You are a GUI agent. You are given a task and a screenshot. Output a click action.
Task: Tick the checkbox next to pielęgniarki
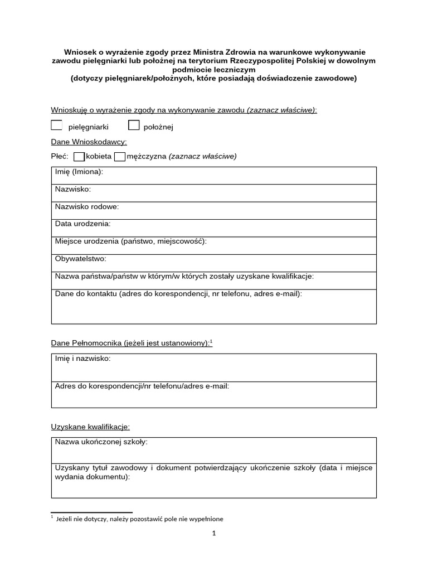(x=56, y=125)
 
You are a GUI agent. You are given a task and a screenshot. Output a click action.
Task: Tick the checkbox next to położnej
(x=134, y=125)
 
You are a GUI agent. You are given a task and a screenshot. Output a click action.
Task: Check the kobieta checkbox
(x=79, y=157)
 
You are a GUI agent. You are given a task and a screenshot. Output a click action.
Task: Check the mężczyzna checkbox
(x=120, y=157)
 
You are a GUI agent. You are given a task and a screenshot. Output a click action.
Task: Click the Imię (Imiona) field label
(x=79, y=172)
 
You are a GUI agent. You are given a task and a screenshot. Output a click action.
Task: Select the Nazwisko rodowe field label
(x=87, y=207)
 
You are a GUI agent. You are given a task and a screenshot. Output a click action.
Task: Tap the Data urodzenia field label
(x=82, y=224)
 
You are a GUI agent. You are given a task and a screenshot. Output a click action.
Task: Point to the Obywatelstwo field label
(x=80, y=259)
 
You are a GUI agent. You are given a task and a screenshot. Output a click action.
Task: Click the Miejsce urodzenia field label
(x=131, y=241)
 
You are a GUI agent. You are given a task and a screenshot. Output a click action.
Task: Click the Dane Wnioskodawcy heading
(x=89, y=142)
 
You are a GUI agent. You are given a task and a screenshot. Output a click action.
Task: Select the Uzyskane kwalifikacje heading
(x=90, y=427)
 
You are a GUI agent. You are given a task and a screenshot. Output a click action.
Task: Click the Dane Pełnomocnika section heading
(x=132, y=343)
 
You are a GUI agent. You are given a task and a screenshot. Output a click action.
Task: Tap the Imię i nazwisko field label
(x=82, y=359)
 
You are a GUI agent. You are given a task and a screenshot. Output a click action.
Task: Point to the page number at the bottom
(x=213, y=533)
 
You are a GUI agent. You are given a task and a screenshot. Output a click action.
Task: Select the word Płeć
(x=59, y=157)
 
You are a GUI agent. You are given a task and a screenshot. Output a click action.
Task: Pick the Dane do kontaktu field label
(x=178, y=293)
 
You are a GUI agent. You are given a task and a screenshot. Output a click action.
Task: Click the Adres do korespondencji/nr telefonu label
(x=142, y=386)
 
